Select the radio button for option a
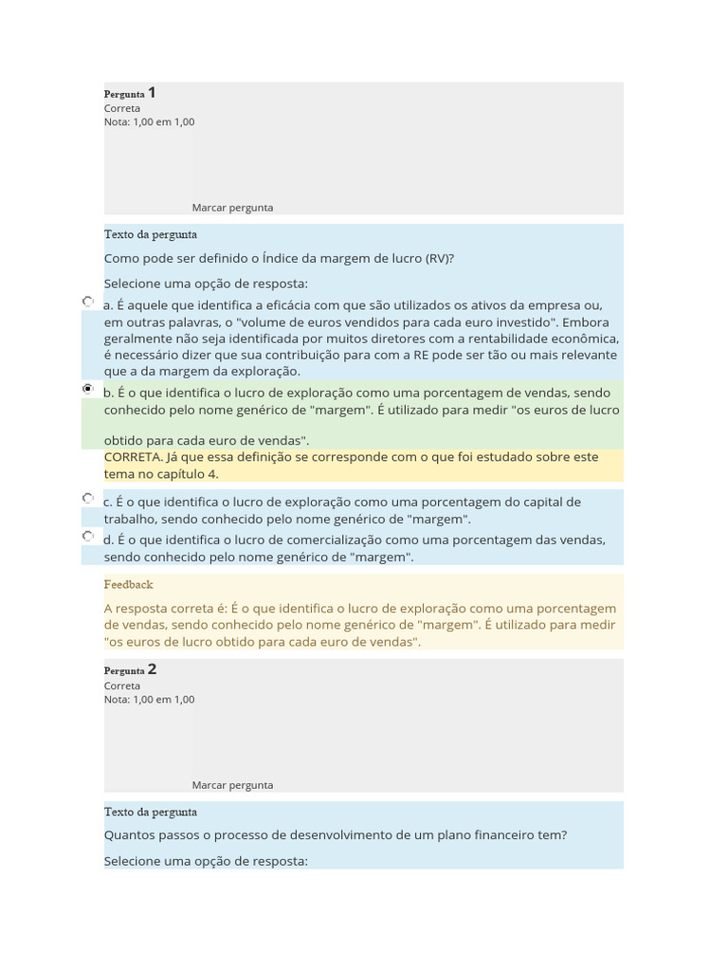tap(88, 302)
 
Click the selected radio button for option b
tap(88, 389)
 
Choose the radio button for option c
tap(88, 498)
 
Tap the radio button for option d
tap(88, 536)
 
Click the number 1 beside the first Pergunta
tap(152, 93)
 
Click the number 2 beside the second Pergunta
tap(152, 669)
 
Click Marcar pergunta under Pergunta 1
tap(232, 208)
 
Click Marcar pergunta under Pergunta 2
tap(232, 785)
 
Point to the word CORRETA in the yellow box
tap(133, 457)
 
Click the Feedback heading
tap(128, 585)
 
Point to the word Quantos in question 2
tap(130, 835)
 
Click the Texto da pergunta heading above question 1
tap(151, 235)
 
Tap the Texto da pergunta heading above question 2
tap(151, 813)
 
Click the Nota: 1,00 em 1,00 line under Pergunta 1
tap(149, 122)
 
